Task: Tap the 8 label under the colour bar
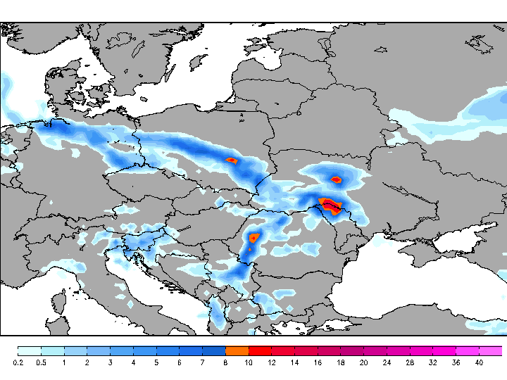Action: (225, 363)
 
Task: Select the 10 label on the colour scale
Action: (249, 363)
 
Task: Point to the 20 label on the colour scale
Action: (363, 363)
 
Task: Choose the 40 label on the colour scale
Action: (479, 363)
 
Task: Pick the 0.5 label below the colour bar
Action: (41, 363)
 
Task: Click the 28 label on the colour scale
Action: (410, 363)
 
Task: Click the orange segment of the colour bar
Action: (237, 350)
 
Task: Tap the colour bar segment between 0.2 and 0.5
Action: (30, 350)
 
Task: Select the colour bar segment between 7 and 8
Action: (214, 350)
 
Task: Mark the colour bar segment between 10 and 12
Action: (260, 350)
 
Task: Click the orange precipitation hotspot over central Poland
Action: (232, 160)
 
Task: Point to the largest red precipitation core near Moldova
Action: (330, 204)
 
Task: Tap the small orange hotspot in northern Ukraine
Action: (337, 179)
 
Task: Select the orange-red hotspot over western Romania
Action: (254, 238)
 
